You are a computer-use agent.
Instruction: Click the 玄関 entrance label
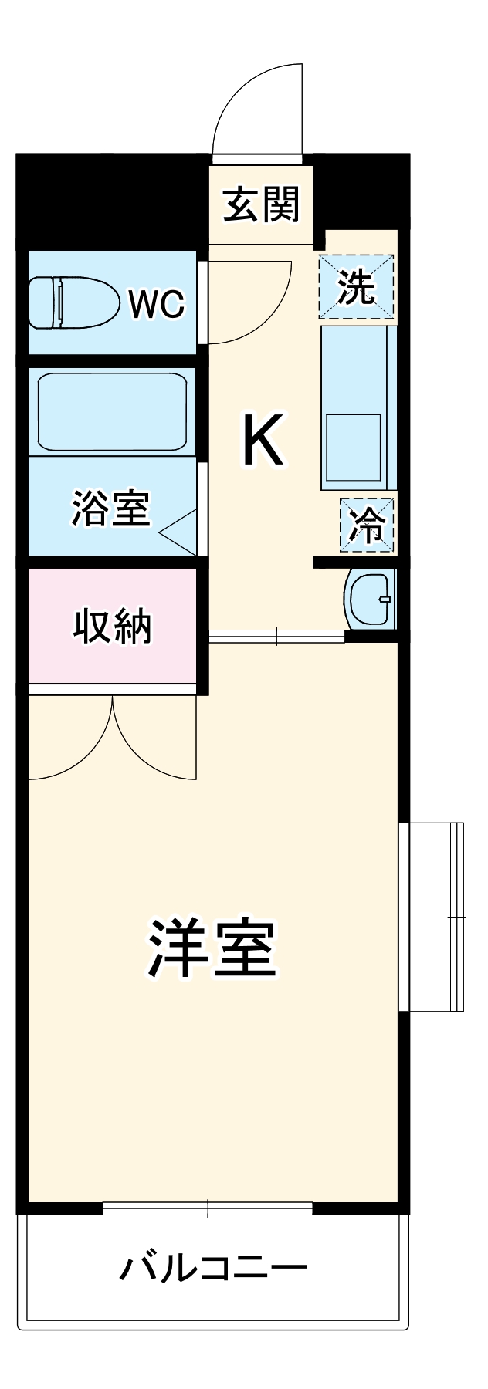261,204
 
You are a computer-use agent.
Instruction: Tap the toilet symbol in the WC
73,302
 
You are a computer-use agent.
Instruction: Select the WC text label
156,304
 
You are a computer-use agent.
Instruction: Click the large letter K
263,440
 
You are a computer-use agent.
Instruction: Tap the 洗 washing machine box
357,286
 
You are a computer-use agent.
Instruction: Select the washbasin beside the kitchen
370,600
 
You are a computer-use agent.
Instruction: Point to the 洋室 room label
212,948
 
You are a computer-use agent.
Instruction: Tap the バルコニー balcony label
213,1268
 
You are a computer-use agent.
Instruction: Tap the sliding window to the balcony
208,1208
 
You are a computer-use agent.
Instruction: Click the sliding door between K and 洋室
276,636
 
